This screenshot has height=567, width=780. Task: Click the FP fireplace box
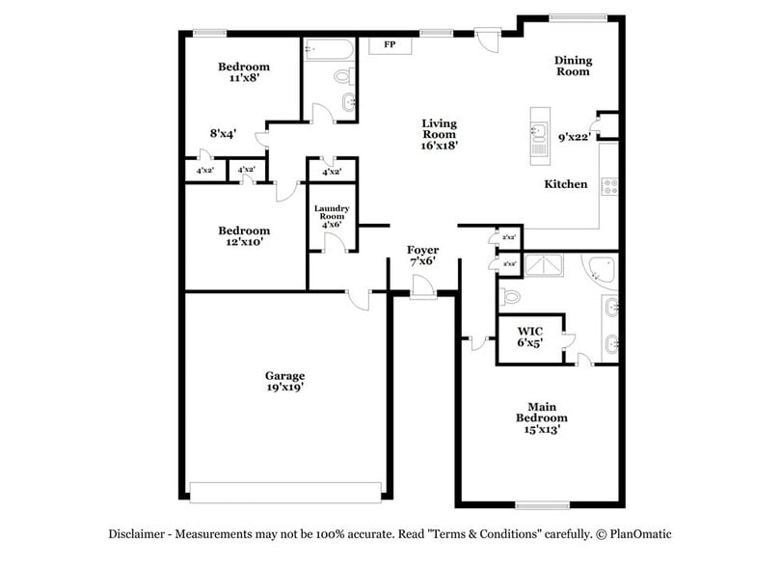pos(390,45)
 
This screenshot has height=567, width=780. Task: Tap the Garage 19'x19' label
pos(285,381)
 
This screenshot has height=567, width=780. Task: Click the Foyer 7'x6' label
pos(423,256)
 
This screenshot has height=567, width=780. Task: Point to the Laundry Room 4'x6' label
pos(332,217)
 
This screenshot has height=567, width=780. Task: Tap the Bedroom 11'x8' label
pos(243,72)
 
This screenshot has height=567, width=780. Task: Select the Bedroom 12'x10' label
pos(243,236)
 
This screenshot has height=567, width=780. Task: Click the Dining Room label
pos(573,66)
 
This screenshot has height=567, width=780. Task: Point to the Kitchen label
pos(566,184)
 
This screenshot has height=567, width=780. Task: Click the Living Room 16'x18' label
pos(439,135)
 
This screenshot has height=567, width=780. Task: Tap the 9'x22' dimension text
pos(576,138)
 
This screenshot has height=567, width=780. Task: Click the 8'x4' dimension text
pos(223,135)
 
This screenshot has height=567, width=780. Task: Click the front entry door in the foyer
pos(422,287)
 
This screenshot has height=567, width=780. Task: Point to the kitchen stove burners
pos(608,184)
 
